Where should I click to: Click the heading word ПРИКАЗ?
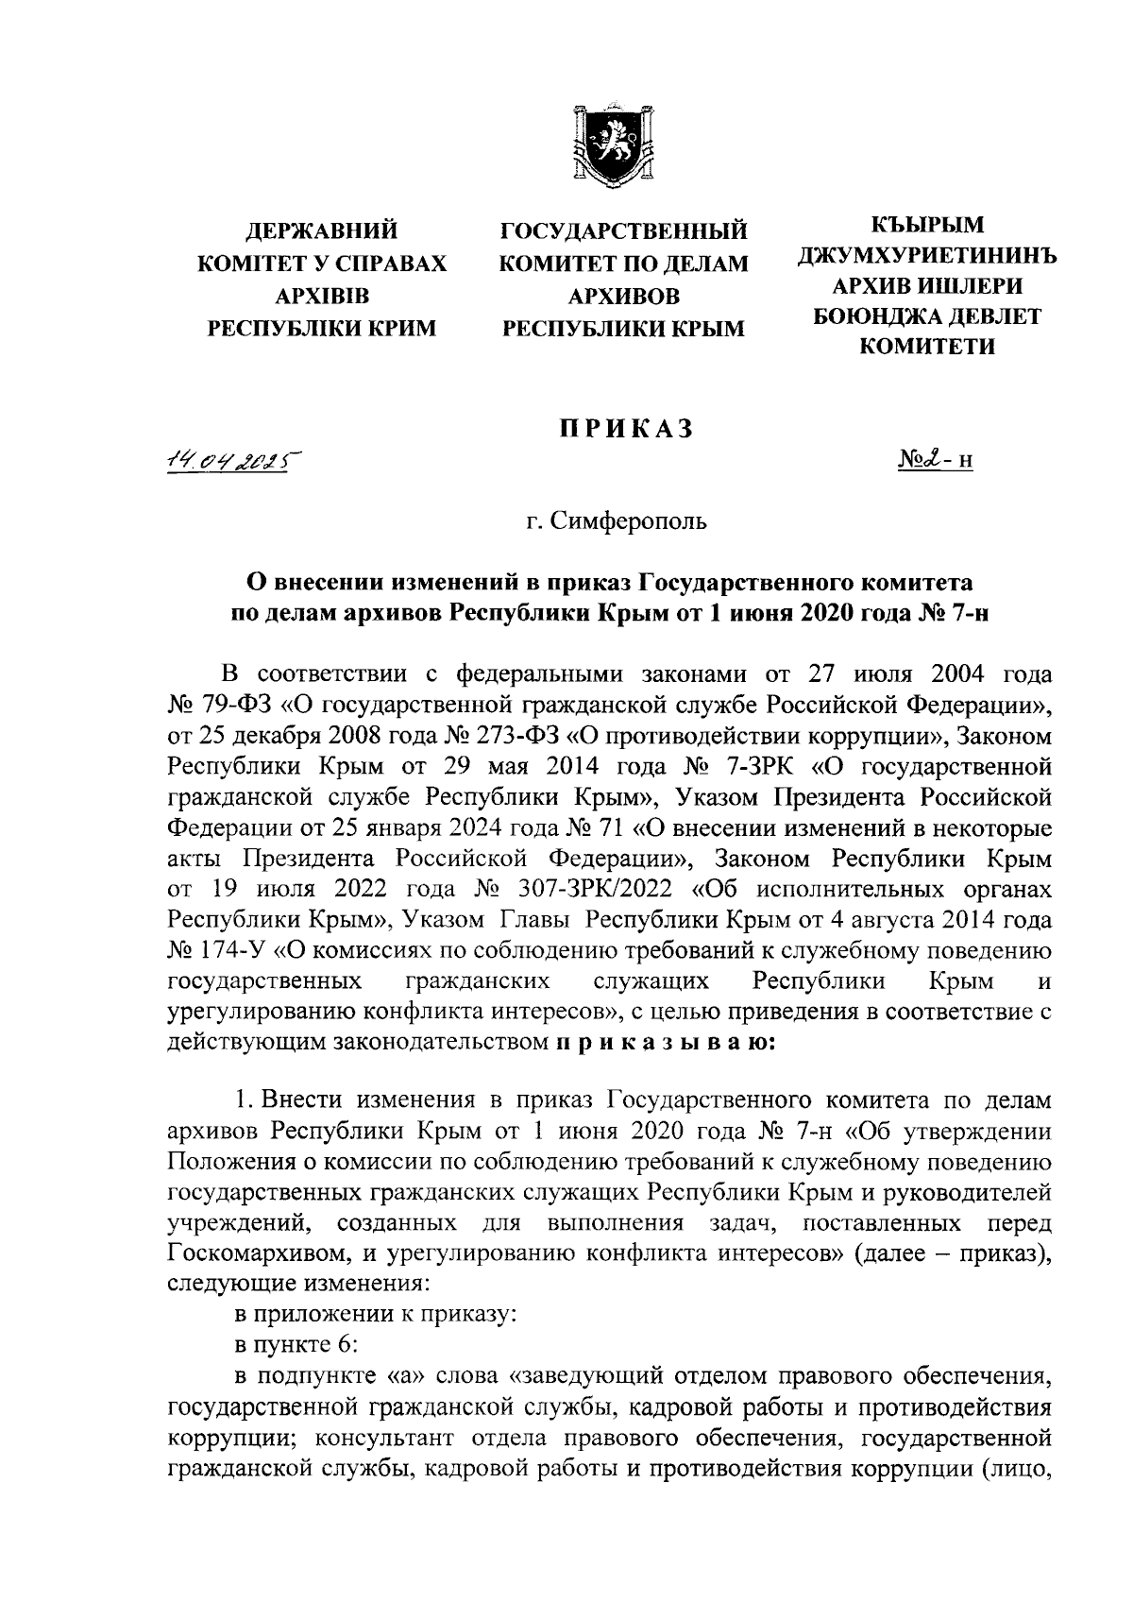click(x=623, y=428)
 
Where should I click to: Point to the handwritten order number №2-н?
click(x=934, y=461)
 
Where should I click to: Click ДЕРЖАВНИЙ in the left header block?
click(x=321, y=232)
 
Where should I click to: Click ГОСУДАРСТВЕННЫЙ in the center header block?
click(x=623, y=232)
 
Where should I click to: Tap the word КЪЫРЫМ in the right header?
click(x=926, y=225)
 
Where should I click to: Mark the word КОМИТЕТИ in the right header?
click(x=926, y=347)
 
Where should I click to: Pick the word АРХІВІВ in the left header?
click(x=321, y=297)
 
